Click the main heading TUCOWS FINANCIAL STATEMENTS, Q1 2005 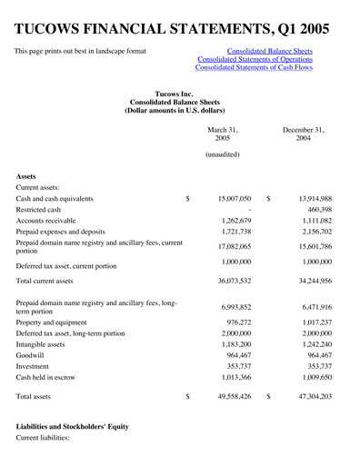tap(174, 21)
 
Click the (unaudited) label tap(222, 155)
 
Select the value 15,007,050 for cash tap(229, 198)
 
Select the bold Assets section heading tap(29, 178)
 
